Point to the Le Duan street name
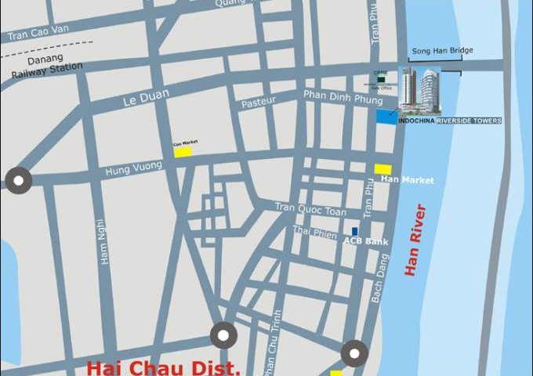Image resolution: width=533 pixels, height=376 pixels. [x=142, y=102]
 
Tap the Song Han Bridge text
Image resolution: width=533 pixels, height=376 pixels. [x=441, y=52]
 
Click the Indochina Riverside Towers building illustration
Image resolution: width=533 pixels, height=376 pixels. [x=420, y=90]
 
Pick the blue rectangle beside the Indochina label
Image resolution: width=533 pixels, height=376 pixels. [x=386, y=116]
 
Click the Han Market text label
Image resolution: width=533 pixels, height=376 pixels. [x=407, y=180]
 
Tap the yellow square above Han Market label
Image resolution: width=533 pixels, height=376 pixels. [x=383, y=168]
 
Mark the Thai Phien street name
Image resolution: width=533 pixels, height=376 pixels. [x=312, y=230]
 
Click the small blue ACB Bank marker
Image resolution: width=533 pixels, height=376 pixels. [x=354, y=231]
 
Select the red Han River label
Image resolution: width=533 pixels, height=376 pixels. [x=416, y=239]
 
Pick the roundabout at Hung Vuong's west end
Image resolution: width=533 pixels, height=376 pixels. [x=18, y=180]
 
